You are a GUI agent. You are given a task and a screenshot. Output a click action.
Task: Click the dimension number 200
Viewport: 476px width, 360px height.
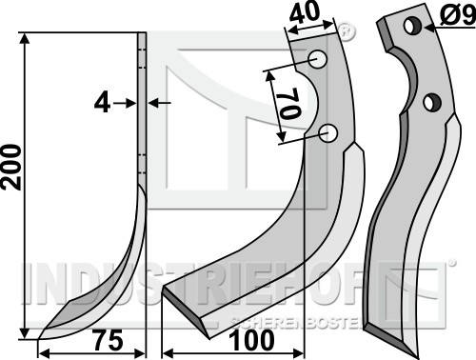11,168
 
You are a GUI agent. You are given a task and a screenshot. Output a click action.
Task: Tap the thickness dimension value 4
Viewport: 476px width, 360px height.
102,104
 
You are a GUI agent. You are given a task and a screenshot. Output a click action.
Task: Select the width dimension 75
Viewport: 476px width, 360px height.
109,340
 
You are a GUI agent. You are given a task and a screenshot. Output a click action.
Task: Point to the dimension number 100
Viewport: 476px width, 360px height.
251,340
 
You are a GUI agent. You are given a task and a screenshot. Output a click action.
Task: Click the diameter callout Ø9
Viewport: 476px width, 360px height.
458,15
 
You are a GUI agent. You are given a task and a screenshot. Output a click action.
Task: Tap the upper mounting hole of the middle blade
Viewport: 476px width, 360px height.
318,58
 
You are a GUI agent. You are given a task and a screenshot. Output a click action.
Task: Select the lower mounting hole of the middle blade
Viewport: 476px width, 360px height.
328,133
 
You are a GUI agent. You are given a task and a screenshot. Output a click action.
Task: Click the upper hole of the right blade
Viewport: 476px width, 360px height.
412,26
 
